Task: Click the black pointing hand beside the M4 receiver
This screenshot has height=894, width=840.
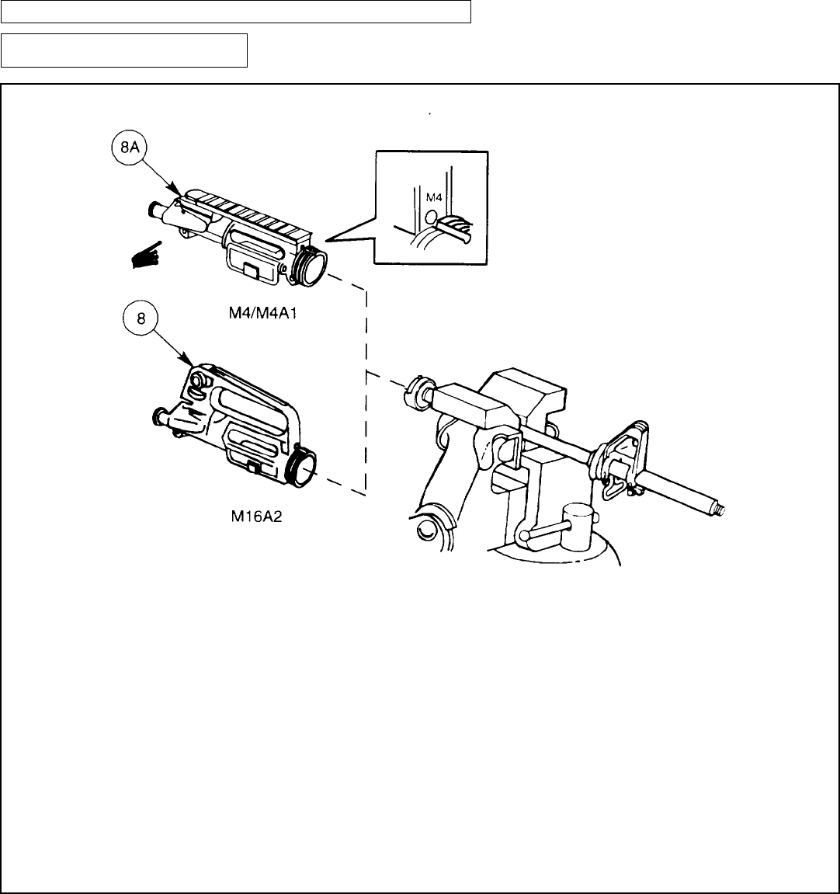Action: pyautogui.click(x=147, y=256)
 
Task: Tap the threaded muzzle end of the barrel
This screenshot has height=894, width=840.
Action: pyautogui.click(x=721, y=510)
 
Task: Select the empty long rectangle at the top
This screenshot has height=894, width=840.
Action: pyautogui.click(x=236, y=12)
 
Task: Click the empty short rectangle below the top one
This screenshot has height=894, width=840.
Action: pyautogui.click(x=123, y=50)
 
